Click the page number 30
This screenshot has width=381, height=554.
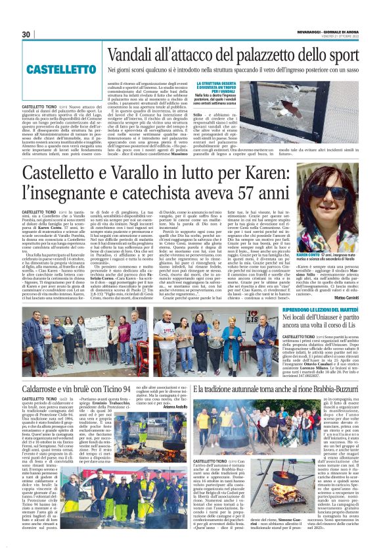point(27,34)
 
